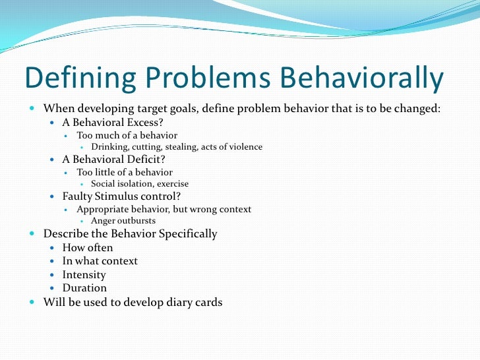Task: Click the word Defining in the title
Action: tap(74, 80)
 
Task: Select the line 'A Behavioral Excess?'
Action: tap(113, 122)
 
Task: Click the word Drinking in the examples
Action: tap(111, 147)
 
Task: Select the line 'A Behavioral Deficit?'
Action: tap(113, 159)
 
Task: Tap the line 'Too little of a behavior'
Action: tap(125, 172)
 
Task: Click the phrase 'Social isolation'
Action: tap(123, 184)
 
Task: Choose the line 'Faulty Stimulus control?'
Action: tap(121, 196)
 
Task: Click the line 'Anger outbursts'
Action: tap(123, 221)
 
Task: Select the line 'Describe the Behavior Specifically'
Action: tap(130, 234)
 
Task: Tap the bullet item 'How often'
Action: tap(88, 248)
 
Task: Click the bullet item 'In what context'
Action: tap(100, 261)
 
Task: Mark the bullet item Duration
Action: tap(84, 288)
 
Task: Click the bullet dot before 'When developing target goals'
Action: tap(33, 108)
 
